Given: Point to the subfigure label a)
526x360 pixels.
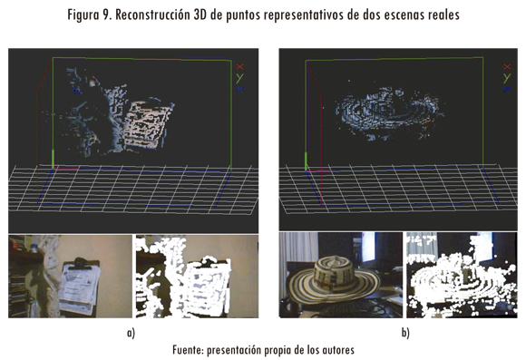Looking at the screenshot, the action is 131,333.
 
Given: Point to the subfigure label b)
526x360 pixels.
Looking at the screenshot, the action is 405,333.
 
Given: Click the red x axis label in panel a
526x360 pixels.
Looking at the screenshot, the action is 239,66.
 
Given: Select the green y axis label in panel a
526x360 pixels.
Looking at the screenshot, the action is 239,78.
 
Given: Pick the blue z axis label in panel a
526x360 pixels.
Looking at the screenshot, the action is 239,90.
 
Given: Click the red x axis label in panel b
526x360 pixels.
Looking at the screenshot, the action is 507,66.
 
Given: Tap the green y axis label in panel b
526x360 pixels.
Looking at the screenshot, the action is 507,78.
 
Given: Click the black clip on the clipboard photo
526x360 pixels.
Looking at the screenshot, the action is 80,262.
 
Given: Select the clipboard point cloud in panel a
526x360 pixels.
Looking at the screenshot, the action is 148,125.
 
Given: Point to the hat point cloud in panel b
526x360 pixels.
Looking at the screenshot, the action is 389,112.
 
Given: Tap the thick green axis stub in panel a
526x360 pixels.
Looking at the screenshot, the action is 53,160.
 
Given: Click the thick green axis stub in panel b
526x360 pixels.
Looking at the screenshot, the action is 306,161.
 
